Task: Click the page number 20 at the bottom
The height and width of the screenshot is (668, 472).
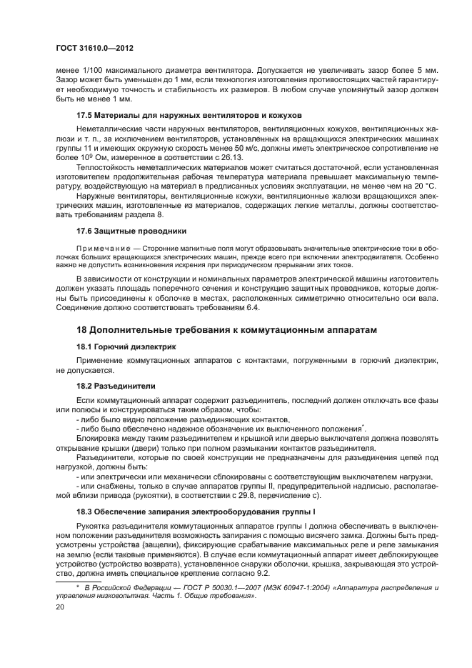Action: coord(61,607)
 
